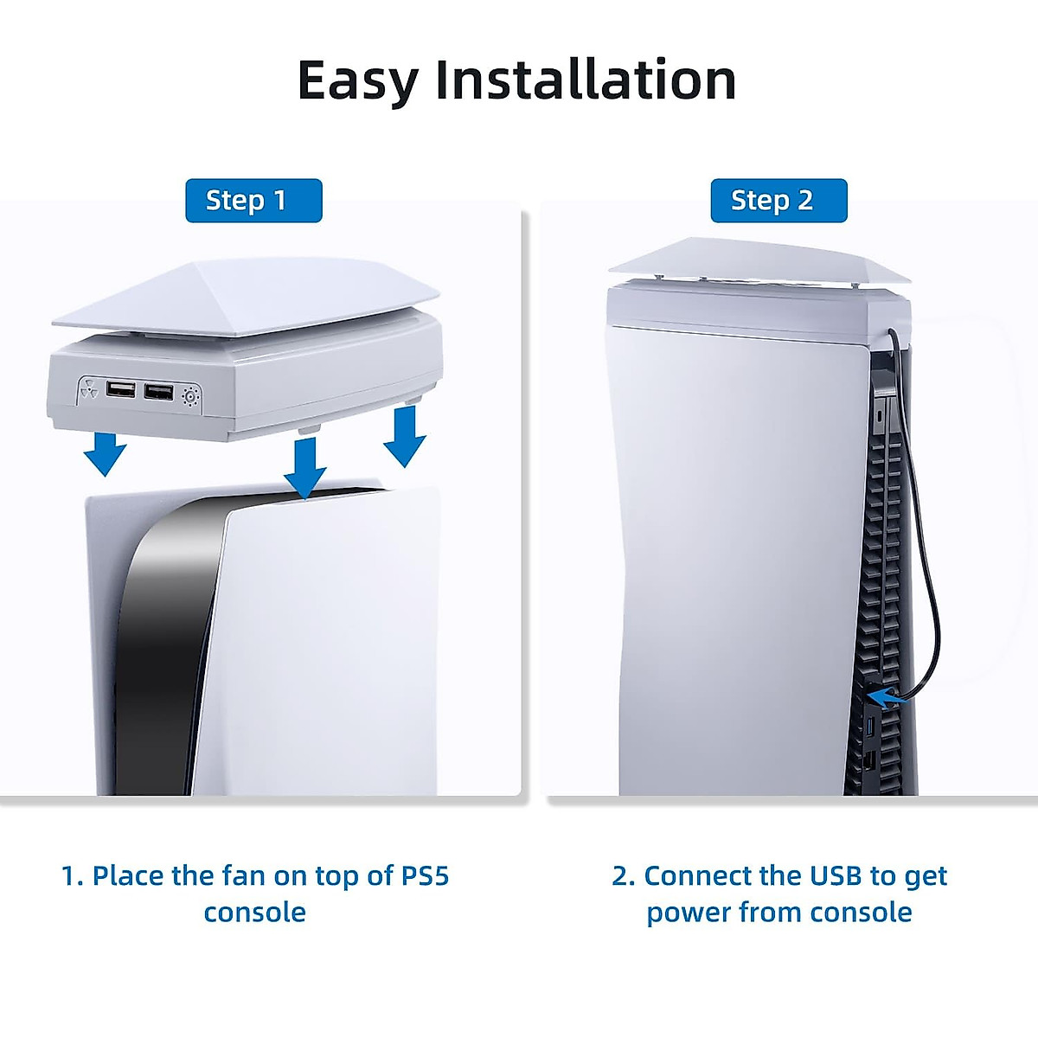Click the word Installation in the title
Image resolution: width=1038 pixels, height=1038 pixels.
coord(585,80)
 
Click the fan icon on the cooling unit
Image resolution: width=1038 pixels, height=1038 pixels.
coord(90,390)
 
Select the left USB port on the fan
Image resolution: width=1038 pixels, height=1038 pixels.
coord(121,389)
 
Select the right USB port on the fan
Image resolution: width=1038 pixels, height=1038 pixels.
coord(158,393)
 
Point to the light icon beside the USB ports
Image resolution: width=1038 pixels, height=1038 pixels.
coord(190,397)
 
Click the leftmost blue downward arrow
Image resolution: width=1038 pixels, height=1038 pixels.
coord(106,453)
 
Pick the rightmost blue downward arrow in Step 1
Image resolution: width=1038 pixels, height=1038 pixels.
coord(404,438)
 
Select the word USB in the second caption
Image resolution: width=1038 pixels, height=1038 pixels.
coord(830,875)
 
